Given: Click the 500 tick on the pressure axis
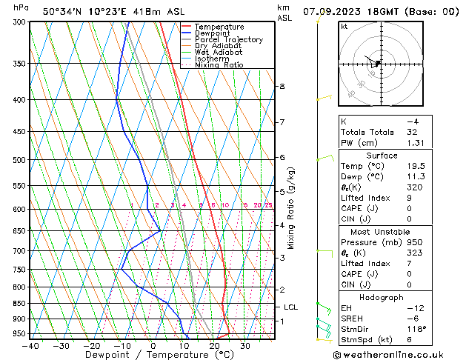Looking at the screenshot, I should pyautogui.click(x=20, y=159).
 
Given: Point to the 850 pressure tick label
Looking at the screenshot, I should pyautogui.click(x=20, y=303).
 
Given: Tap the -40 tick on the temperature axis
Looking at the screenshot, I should pyautogui.click(x=31, y=346).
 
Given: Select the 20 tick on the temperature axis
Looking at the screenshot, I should pyautogui.click(x=214, y=346).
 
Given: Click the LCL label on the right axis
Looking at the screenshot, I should pyautogui.click(x=291, y=307).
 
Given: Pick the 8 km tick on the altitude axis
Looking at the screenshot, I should pyautogui.click(x=282, y=87).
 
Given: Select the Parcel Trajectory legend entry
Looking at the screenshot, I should pyautogui.click(x=228, y=40).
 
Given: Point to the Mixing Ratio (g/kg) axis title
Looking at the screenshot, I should pyautogui.click(x=291, y=208).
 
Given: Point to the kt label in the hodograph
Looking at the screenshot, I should pyautogui.click(x=344, y=27).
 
